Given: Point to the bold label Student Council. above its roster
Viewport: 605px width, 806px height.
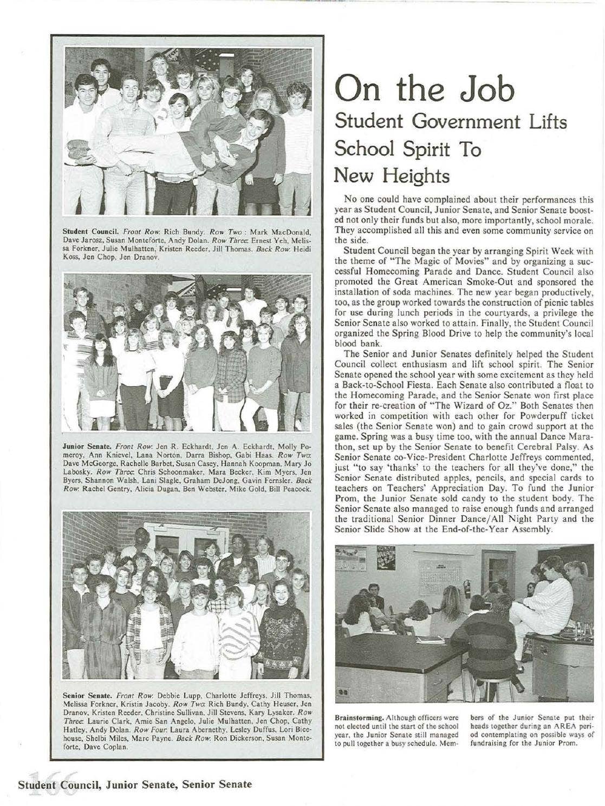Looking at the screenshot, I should point(87,236).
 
